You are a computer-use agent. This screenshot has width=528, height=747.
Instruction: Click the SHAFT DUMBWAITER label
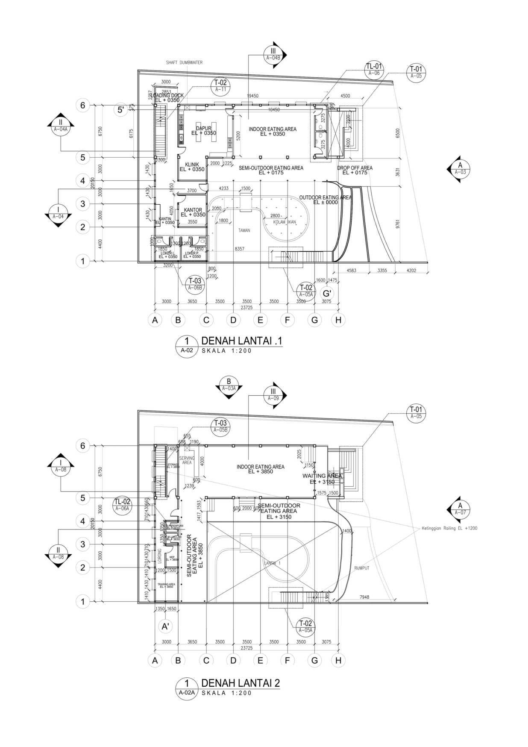pos(184,62)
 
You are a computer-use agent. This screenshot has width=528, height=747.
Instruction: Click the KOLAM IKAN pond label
pos(285,222)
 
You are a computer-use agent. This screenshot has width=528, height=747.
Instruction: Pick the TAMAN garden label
pos(244,230)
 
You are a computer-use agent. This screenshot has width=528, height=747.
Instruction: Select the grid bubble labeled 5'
pos(121,110)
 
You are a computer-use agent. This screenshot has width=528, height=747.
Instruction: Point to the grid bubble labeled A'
pos(165,626)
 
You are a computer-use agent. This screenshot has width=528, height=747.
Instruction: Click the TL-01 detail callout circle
pos(374,69)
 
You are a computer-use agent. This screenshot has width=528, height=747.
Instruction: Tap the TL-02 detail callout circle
pos(122,505)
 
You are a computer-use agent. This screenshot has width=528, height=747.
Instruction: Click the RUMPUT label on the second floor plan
pos(361,568)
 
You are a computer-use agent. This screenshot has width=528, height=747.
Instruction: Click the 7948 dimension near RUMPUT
pos(364,597)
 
